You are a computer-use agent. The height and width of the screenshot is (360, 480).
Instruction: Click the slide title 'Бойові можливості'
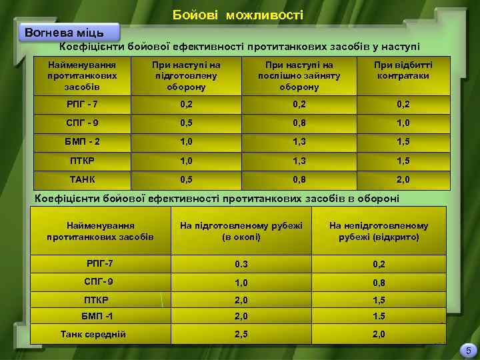[x=237, y=14]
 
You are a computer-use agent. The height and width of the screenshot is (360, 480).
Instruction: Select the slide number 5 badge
[x=468, y=350]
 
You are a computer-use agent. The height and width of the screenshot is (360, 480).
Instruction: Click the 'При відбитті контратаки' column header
[x=403, y=71]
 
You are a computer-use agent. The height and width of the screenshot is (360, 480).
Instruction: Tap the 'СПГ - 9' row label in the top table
[x=83, y=123]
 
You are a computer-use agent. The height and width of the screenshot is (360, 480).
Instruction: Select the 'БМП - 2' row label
[x=83, y=142]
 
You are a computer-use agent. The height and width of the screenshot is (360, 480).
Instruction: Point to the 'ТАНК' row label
[x=83, y=179]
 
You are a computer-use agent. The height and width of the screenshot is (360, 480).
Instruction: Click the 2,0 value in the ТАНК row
[x=403, y=179]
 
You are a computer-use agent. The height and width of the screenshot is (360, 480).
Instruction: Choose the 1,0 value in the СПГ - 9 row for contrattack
[x=403, y=123]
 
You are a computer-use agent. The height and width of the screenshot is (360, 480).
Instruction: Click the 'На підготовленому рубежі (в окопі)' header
[x=241, y=231]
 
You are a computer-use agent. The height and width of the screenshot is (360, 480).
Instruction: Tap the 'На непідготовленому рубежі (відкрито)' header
[x=379, y=231]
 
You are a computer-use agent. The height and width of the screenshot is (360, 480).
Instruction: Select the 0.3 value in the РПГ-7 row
[x=241, y=264]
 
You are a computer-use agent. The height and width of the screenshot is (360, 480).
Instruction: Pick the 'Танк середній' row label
[x=93, y=333]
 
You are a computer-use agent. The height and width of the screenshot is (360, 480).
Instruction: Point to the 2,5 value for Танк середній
[x=241, y=333]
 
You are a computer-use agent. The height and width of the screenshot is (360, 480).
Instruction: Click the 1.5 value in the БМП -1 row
[x=379, y=316]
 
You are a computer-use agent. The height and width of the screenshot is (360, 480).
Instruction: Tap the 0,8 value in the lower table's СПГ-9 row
[x=379, y=282]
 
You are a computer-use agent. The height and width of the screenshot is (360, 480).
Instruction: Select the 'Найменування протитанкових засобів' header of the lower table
[x=100, y=231]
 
